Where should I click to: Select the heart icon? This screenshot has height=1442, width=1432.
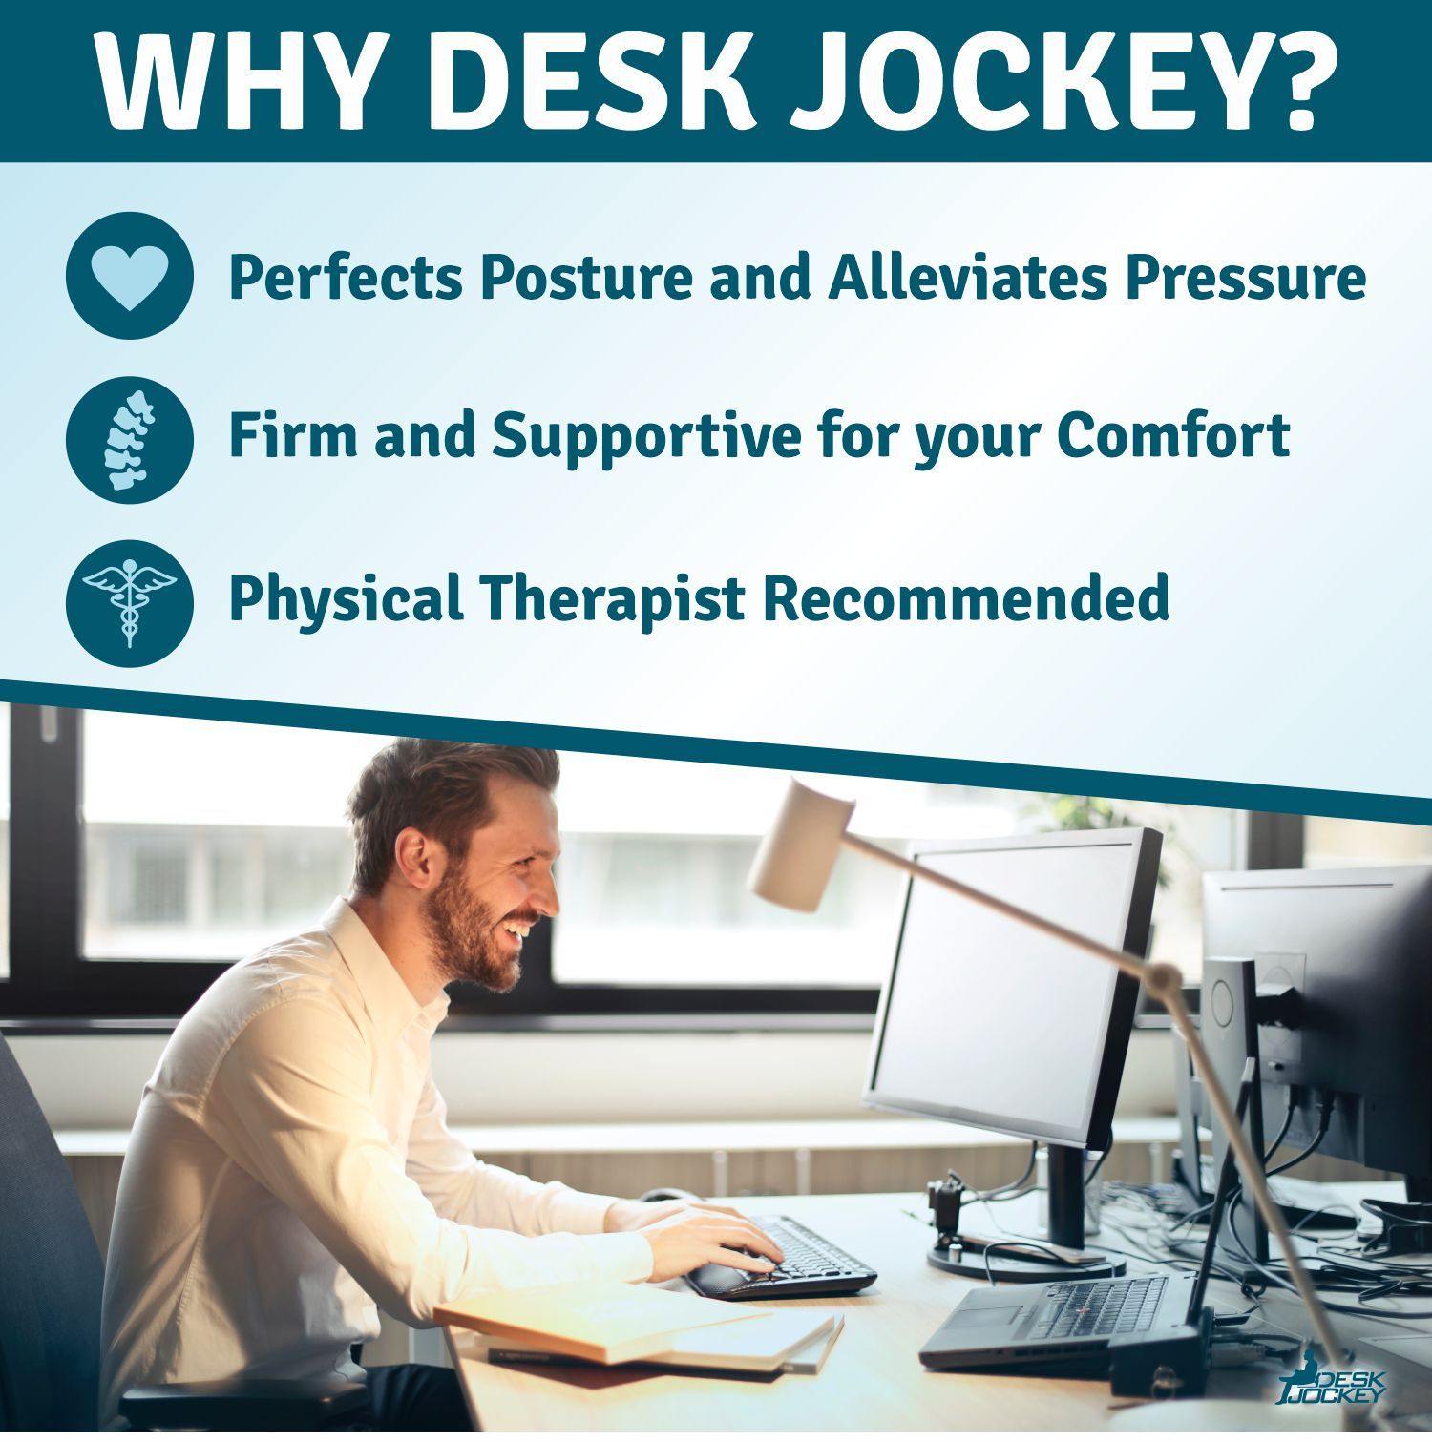[x=130, y=276]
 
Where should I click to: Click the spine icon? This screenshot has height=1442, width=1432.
[x=130, y=440]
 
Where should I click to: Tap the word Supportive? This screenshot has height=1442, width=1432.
[x=646, y=435]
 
